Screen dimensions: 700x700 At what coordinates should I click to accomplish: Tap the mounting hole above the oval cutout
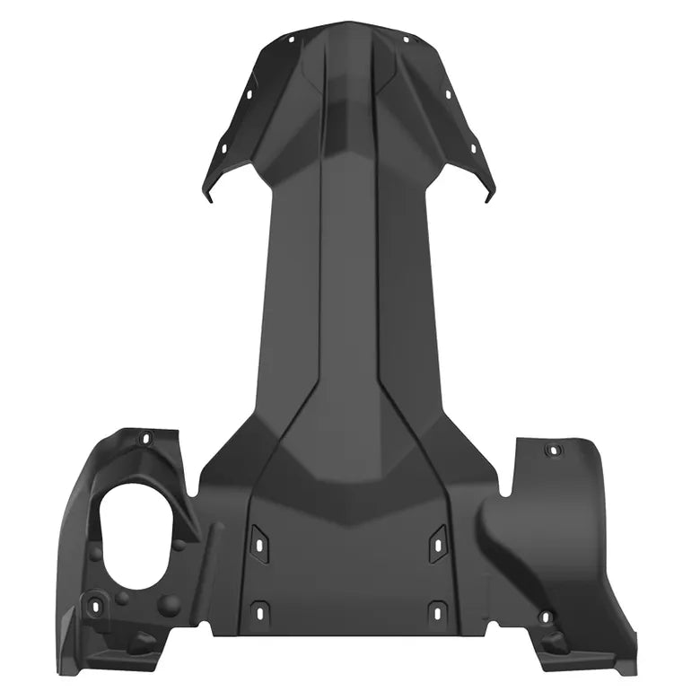point(146,439)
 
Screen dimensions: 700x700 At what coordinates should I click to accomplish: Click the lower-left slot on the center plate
point(259,612)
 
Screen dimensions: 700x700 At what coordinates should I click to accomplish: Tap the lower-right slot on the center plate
point(438,612)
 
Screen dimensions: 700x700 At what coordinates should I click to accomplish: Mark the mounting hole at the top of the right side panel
point(553,449)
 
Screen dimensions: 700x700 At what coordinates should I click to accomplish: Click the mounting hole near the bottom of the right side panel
point(545,617)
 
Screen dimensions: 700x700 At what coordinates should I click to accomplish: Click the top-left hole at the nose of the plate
point(293,39)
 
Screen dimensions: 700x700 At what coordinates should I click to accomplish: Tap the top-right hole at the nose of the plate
point(406,39)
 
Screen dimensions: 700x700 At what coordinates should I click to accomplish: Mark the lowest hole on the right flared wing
point(473,147)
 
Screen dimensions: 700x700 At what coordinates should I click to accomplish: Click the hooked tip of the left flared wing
point(208,195)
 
